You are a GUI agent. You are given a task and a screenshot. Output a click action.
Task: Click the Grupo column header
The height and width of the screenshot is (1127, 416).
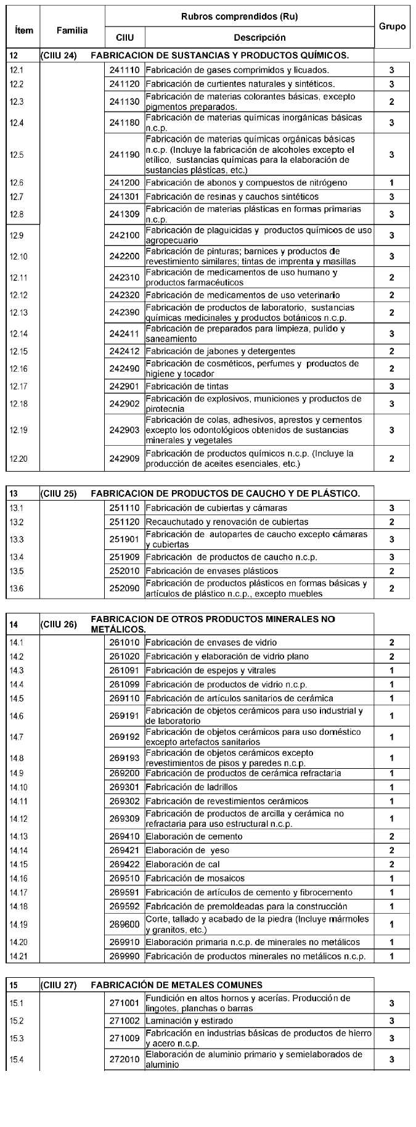coord(393,27)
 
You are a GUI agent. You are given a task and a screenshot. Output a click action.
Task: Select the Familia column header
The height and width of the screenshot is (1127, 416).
coord(72,30)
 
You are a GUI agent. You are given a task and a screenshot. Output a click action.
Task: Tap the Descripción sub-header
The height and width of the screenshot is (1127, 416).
coord(259,38)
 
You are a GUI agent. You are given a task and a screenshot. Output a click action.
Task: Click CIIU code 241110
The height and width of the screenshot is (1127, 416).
coord(124,70)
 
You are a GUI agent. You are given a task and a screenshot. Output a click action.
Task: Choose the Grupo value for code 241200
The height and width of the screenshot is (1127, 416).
coord(392,183)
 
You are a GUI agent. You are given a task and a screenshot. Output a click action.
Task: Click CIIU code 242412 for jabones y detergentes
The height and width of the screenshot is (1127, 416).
coord(124,351)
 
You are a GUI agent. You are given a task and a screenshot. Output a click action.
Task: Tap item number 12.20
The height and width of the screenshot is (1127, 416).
coord(19,459)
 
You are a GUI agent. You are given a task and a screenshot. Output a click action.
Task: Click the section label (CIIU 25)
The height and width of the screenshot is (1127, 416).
coord(59,494)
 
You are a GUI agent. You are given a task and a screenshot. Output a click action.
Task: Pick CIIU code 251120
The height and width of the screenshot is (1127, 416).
coord(124,522)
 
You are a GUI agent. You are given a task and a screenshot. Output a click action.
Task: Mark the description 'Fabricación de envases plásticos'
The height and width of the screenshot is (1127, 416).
coord(211,571)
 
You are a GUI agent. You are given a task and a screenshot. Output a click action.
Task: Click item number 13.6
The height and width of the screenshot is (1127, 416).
coord(17,589)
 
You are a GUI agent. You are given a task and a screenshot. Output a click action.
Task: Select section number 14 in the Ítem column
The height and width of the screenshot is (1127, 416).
coord(14,625)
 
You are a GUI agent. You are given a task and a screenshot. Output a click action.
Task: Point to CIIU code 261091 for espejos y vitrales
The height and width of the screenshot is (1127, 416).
coord(124,671)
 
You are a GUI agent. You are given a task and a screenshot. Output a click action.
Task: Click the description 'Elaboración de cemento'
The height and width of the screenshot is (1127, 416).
coord(194,837)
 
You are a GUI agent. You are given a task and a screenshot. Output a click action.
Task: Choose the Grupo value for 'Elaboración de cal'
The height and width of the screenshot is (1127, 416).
coord(392,864)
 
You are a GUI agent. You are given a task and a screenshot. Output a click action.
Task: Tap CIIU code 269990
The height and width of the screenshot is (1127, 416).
coord(124,957)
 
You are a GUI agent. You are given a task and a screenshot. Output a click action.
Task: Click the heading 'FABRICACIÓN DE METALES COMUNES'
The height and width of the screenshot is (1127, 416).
coord(176,985)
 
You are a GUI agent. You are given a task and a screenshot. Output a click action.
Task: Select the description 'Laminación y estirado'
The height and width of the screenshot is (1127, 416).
coord(189,1021)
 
